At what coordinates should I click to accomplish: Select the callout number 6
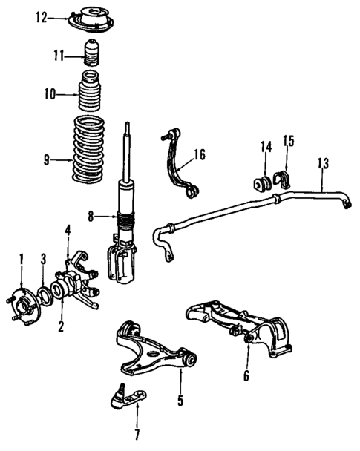(246, 375)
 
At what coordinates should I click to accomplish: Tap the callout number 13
(321, 161)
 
